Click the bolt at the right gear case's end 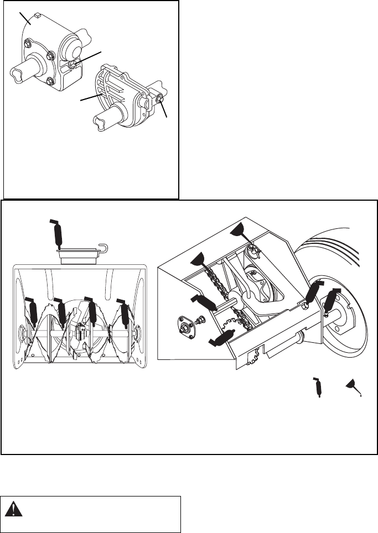pos(160,100)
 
